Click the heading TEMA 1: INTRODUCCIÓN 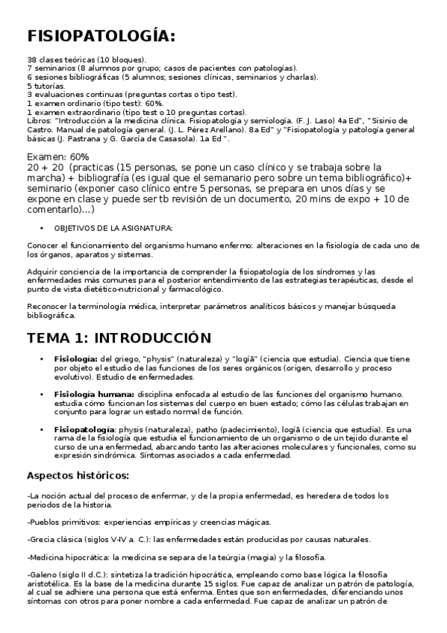(x=119, y=337)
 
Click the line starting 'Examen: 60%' (x=58, y=157)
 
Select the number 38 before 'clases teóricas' (x=31, y=59)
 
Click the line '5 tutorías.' (x=46, y=86)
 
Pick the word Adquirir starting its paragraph (x=43, y=270)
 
